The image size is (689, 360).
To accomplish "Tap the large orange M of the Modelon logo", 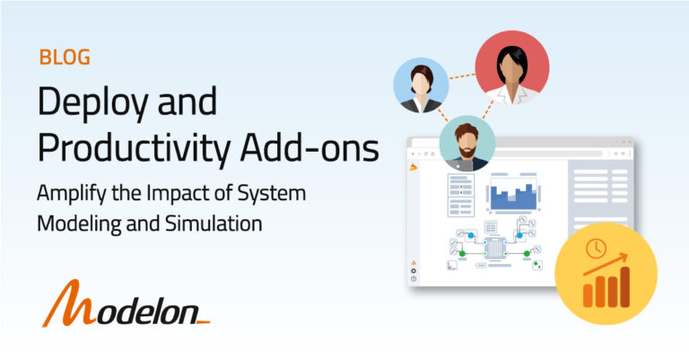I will [68, 305].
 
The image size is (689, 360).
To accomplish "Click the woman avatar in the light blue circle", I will [420, 86].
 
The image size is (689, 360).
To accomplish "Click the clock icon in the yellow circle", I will [594, 248].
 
